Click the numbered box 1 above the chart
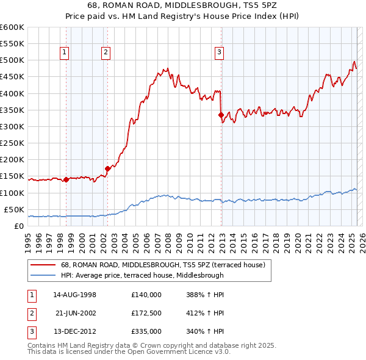click(64, 53)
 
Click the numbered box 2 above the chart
click(106, 53)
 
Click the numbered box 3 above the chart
click(219, 53)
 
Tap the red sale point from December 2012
click(221, 115)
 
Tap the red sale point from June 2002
click(107, 168)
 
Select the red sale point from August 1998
click(66, 179)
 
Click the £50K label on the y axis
click(15, 210)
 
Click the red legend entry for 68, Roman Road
click(162, 265)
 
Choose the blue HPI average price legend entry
click(142, 275)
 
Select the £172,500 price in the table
click(146, 313)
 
